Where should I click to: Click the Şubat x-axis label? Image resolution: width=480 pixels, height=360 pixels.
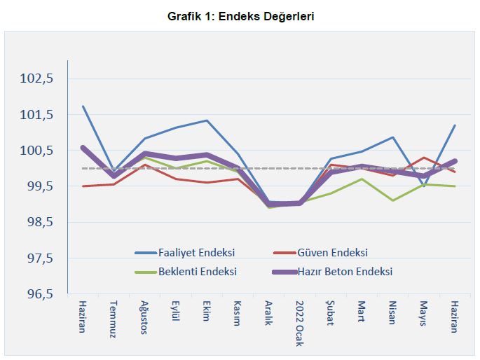tap(329, 316)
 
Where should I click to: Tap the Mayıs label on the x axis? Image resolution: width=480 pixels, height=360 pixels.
tap(423, 316)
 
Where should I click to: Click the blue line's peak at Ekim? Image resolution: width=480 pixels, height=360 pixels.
tap(206, 120)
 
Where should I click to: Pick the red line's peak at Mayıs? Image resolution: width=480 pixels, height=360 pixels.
tap(423, 158)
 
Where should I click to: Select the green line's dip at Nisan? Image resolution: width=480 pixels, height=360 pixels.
tap(392, 200)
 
